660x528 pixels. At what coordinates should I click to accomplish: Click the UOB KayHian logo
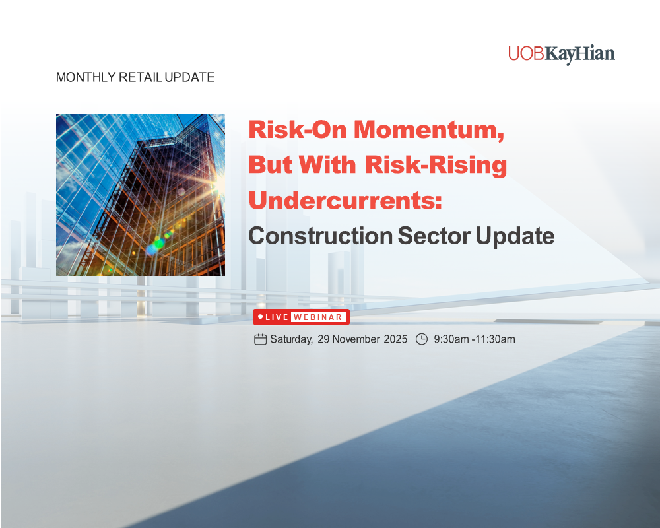coord(561,53)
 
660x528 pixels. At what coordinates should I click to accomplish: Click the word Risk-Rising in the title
coord(436,165)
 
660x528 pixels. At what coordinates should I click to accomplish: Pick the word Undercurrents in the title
coord(345,200)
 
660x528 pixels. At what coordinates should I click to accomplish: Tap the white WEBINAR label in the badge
coord(318,317)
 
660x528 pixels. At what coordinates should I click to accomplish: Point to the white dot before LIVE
coord(261,317)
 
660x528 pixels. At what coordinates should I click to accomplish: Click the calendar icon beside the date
coord(260,339)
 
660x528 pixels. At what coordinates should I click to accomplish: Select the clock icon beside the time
coord(422,339)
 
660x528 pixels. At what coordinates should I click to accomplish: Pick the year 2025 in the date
coord(396,339)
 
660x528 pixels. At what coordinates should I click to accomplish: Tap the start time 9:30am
coord(451,339)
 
